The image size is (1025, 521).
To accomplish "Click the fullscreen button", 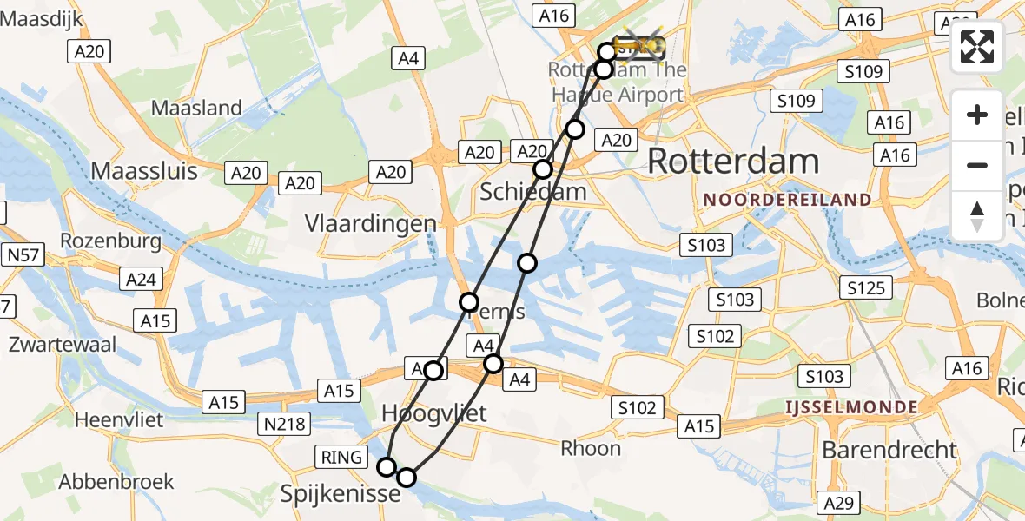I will tap(977, 47).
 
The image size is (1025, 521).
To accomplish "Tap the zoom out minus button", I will tap(977, 165).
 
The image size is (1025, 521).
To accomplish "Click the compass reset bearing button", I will tap(977, 216).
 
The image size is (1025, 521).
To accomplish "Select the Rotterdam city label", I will tap(733, 162).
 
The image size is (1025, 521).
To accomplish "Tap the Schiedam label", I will tap(533, 192).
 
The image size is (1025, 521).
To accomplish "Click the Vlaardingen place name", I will tap(371, 223).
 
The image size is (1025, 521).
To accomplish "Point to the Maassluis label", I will tap(145, 170).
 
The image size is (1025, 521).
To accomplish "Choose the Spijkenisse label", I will tap(340, 494).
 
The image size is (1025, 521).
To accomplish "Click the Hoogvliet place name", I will tap(434, 413).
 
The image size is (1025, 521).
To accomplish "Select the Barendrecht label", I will tap(889, 450).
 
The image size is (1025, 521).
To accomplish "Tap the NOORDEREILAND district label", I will tap(788, 200).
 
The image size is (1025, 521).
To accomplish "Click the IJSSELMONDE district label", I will tap(851, 407).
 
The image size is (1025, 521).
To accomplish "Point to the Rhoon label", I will tap(591, 448).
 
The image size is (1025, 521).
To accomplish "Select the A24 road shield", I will tap(141, 279).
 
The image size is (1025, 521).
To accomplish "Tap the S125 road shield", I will tap(865, 287).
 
